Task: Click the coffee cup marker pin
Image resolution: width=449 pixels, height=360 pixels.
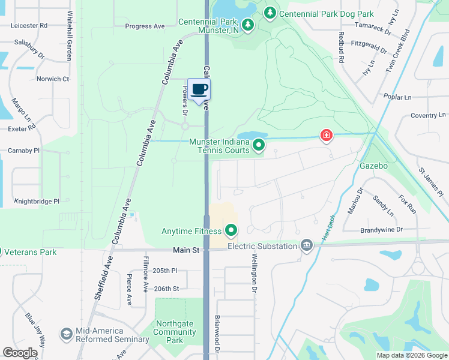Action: pos(199,90)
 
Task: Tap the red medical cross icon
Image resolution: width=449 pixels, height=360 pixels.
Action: pos(326,136)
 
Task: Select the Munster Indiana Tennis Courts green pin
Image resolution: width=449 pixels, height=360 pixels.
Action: pos(259,145)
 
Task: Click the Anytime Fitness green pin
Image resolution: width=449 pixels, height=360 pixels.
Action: pos(231,230)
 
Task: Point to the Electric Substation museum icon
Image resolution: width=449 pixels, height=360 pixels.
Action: pos(307,245)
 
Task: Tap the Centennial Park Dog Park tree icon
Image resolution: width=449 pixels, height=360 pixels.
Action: pos(270,13)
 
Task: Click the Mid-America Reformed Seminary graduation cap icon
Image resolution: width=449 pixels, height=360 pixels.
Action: pos(66,333)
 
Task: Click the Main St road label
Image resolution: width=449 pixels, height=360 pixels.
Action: pos(187,250)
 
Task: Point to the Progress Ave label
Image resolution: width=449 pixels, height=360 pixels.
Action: pos(145,26)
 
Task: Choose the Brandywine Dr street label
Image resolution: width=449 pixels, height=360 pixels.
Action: pos(381,230)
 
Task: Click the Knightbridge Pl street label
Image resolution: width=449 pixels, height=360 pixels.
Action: pos(37,202)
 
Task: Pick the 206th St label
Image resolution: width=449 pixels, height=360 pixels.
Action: pos(167,289)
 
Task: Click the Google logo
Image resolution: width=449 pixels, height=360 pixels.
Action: pos(20,353)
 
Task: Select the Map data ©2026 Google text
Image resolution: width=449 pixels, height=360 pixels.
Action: pos(411,355)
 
